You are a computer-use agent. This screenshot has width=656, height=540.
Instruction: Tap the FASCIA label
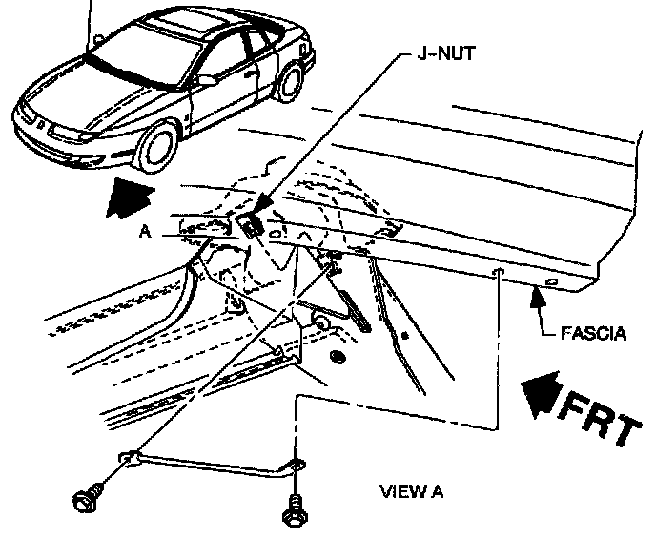pyautogui.click(x=594, y=333)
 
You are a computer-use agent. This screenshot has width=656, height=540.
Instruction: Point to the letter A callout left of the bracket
pyautogui.click(x=143, y=230)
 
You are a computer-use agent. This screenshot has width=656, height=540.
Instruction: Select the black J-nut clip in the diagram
pyautogui.click(x=253, y=225)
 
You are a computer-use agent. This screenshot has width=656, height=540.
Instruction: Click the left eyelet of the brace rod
pyautogui.click(x=127, y=460)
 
